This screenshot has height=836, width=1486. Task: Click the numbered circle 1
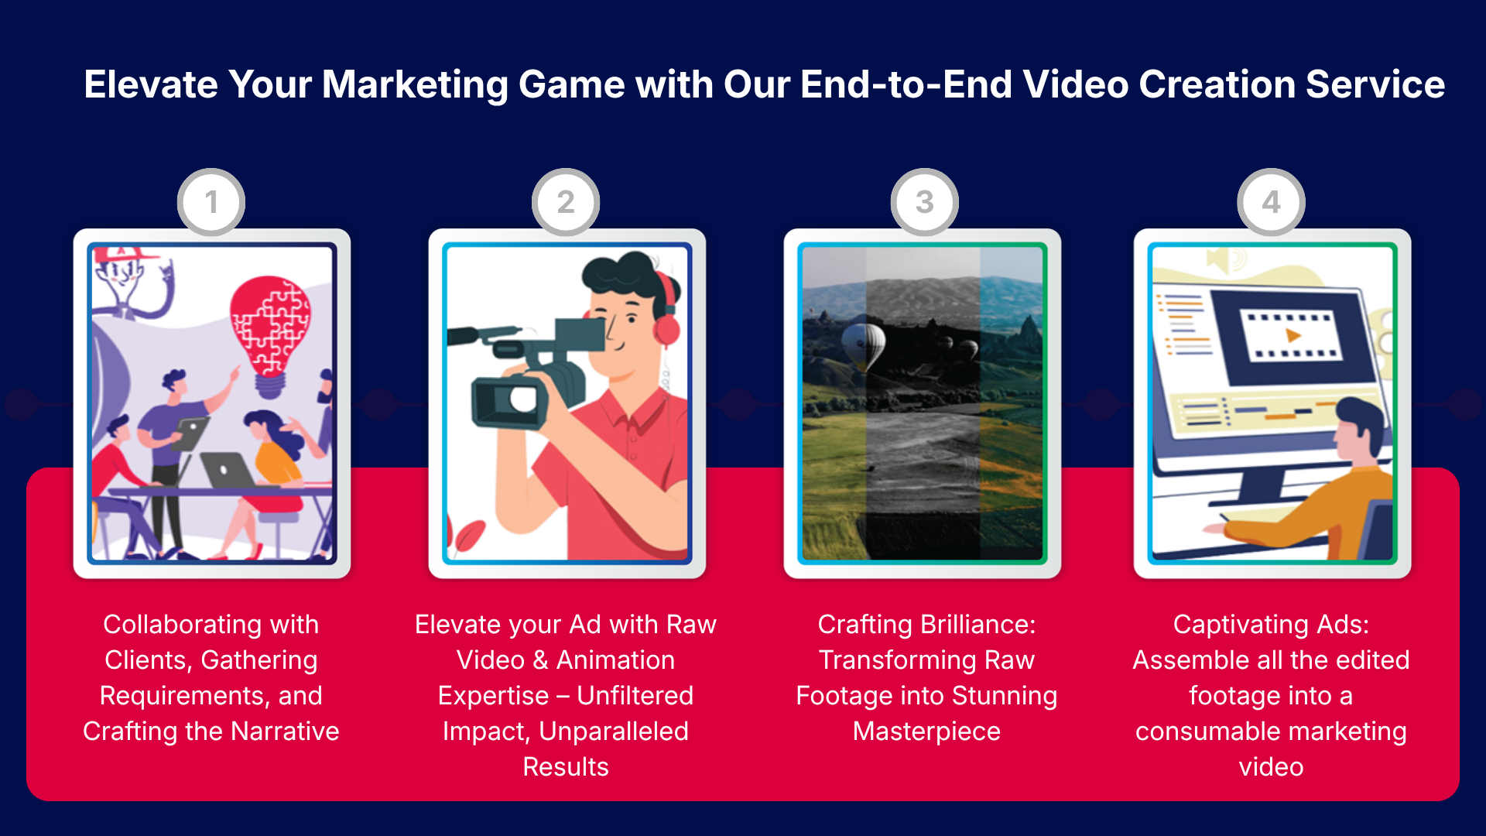211,202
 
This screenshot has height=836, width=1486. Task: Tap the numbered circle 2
566,202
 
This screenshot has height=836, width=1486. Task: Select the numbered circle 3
925,202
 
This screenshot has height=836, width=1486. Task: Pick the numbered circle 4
1272,202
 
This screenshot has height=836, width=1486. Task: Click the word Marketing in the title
415,85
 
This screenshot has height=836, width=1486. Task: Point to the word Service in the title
1375,84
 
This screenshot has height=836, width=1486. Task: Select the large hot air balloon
863,346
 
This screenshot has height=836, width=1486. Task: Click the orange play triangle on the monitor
1293,335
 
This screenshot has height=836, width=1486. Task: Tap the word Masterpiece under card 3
926,731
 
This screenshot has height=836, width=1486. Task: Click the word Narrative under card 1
285,731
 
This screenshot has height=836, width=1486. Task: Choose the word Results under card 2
566,767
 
